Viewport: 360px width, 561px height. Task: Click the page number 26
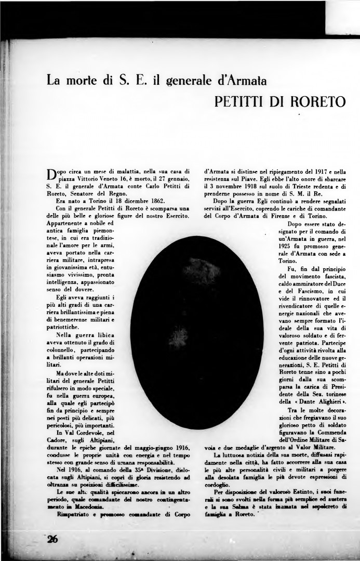52,539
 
